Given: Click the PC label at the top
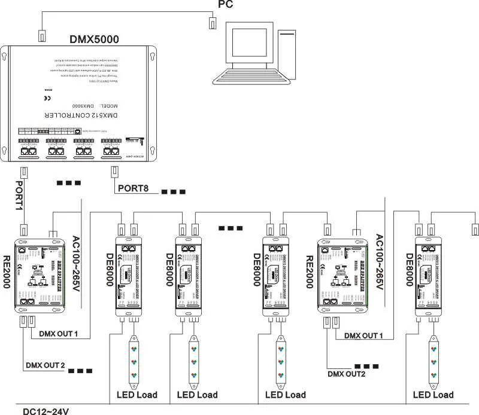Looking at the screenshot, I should [226, 5].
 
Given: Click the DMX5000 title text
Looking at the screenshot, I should [95, 39].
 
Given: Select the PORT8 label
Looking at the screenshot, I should [137, 189].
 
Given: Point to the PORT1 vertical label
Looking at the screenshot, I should [19, 195].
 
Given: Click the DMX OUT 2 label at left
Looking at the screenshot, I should [45, 365].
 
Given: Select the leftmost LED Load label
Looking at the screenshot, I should [137, 395].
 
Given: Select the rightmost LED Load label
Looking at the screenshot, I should [433, 395].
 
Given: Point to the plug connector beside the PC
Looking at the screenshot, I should [212, 23].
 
